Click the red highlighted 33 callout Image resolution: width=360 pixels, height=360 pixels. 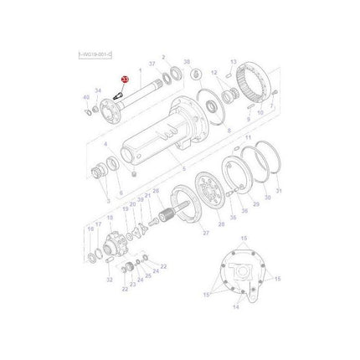(x=125, y=80)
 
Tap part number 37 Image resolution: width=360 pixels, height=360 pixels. (x=152, y=64)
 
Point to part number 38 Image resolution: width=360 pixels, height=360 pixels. (x=187, y=63)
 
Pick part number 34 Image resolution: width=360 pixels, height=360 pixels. (x=98, y=90)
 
